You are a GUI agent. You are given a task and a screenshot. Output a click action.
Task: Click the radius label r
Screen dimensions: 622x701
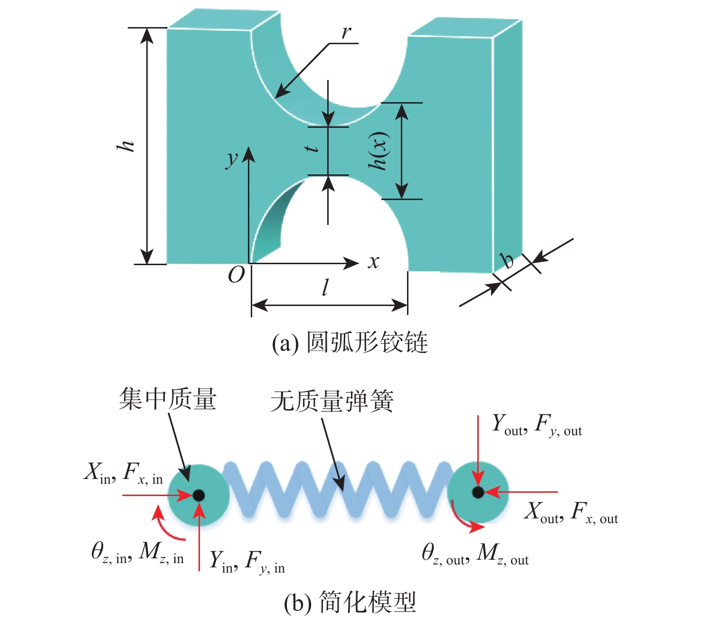347,32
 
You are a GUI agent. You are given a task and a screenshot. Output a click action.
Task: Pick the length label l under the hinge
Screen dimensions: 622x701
325,287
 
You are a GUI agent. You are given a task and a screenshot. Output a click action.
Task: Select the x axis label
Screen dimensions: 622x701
374,261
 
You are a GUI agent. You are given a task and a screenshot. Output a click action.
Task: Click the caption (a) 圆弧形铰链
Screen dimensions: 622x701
350,343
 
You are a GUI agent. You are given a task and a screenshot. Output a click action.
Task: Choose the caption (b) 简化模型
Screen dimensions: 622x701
350,603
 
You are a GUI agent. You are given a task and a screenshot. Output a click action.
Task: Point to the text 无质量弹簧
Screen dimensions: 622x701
332,402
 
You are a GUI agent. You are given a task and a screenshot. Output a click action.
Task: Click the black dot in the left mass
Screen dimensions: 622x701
199,495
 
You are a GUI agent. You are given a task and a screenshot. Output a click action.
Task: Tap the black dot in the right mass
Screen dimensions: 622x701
478,492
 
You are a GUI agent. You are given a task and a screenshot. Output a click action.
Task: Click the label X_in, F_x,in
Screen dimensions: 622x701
123,473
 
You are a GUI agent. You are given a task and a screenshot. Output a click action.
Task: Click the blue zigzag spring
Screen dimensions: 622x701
337,489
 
